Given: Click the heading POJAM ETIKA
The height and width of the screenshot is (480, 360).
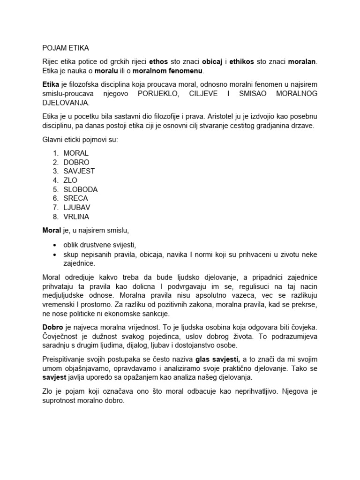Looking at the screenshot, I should (65, 48).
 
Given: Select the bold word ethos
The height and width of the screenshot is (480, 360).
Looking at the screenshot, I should (158, 62).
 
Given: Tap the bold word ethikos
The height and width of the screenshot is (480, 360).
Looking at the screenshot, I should (242, 62).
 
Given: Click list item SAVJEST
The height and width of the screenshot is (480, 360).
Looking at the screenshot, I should (79, 171).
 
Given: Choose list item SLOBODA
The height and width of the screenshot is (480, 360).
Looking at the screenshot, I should (80, 189).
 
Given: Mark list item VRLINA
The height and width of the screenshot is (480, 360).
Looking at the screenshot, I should (76, 217).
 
